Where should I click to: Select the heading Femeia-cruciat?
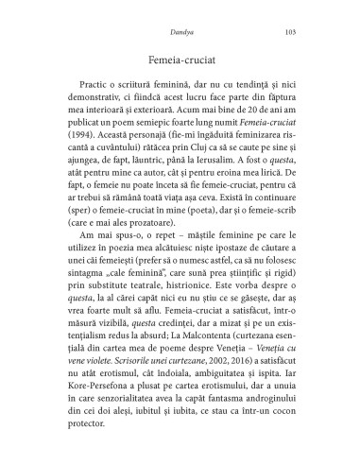click(180, 60)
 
